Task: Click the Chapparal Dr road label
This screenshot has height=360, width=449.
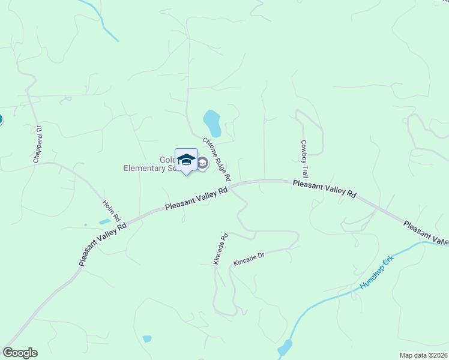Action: pyautogui.click(x=37, y=144)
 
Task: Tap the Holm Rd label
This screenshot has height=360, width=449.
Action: pyautogui.click(x=112, y=210)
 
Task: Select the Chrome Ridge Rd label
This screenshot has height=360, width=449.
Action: pyautogui.click(x=216, y=159)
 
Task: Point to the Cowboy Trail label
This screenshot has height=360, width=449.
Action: pyautogui.click(x=304, y=158)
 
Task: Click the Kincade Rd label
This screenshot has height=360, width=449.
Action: pyautogui.click(x=221, y=248)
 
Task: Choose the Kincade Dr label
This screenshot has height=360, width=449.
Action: pyautogui.click(x=249, y=259)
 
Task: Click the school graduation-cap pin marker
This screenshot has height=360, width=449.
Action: pyautogui.click(x=186, y=160)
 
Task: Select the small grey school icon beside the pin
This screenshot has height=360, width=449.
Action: pyautogui.click(x=203, y=163)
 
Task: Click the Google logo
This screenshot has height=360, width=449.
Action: pyautogui.click(x=20, y=353)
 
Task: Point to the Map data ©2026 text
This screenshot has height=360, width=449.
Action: pyautogui.click(x=423, y=355)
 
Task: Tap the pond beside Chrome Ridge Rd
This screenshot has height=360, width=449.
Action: pyautogui.click(x=212, y=123)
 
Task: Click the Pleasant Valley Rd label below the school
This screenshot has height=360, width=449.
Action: pyautogui.click(x=196, y=198)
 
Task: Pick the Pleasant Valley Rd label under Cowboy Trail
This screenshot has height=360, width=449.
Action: pyautogui.click(x=325, y=188)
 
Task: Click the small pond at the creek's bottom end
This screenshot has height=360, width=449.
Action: pyautogui.click(x=285, y=347)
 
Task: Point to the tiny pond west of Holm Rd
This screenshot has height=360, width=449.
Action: pyautogui.click(x=104, y=221)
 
